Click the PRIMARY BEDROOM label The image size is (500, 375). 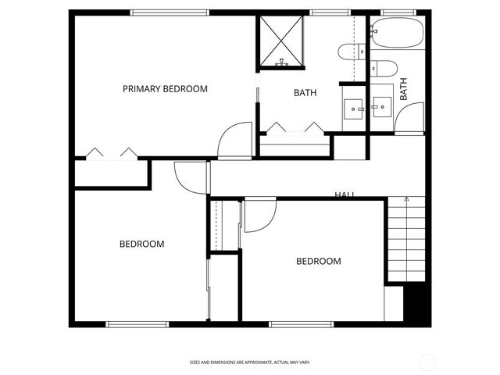(x=165, y=89)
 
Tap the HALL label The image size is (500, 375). (x=345, y=195)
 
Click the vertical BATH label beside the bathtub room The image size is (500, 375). (x=404, y=88)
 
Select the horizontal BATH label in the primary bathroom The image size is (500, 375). (x=305, y=93)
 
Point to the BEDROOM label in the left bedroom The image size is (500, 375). (x=141, y=244)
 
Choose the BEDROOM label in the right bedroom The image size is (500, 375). (x=318, y=261)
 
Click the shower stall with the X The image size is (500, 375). (x=282, y=41)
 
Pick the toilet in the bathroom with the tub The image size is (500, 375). (x=382, y=68)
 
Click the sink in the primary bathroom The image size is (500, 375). (x=354, y=106)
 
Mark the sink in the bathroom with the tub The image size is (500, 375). (x=382, y=105)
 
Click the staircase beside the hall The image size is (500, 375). (x=407, y=238)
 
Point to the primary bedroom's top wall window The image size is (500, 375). (x=170, y=12)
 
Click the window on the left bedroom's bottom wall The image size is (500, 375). (x=137, y=323)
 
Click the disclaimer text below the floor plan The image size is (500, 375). (x=250, y=362)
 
